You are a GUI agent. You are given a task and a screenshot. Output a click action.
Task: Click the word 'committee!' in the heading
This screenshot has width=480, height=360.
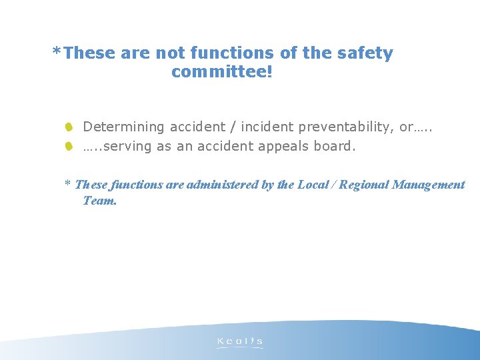[222, 72]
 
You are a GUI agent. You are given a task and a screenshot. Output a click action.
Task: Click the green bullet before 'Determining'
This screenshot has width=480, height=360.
[69, 127]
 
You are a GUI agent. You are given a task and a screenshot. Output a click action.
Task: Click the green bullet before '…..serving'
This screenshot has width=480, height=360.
[69, 145]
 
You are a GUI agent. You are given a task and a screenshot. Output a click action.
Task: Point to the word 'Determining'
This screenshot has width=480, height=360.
[123, 127]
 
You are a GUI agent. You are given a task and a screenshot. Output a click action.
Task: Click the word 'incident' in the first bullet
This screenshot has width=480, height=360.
[269, 127]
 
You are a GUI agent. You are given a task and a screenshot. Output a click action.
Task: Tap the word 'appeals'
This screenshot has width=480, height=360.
[283, 146]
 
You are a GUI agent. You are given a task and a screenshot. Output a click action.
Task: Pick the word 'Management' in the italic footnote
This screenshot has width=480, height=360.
[429, 185]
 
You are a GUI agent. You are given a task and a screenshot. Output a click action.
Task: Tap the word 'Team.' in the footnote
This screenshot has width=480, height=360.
[100, 200]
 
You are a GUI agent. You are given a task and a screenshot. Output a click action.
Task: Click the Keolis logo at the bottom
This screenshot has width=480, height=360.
[240, 342]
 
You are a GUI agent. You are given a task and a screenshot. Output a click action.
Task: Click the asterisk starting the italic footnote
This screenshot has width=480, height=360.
[67, 183]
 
